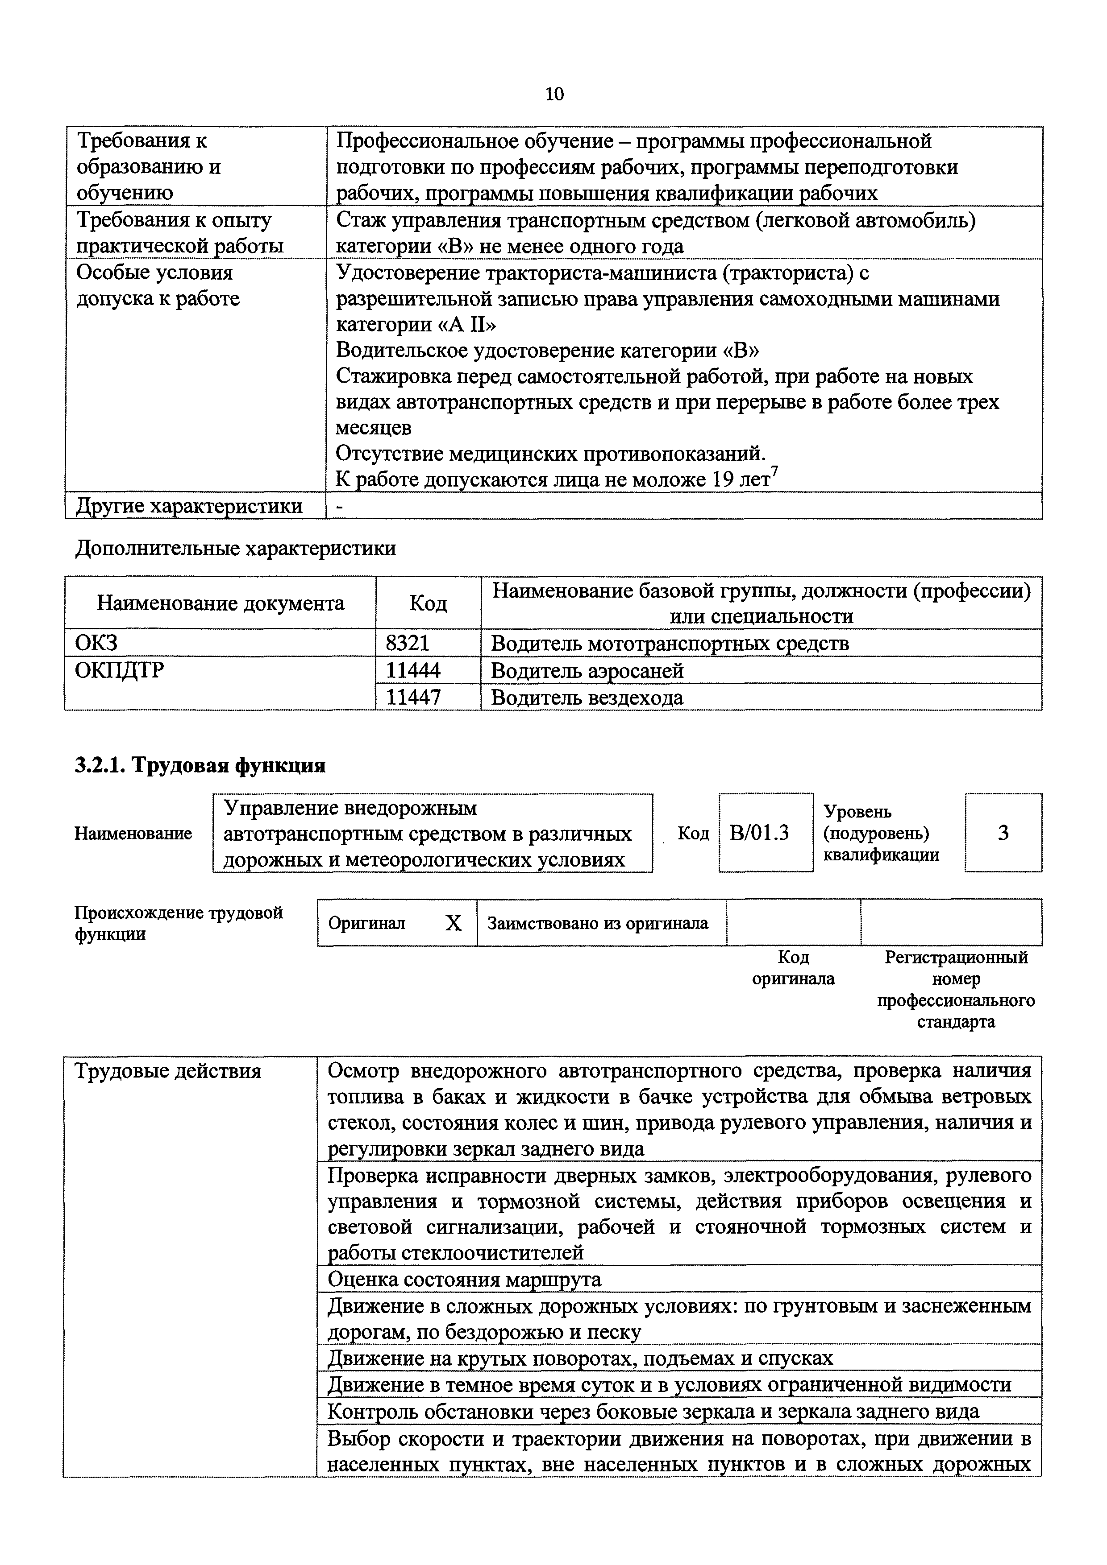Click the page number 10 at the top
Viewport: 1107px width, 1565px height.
pyautogui.click(x=554, y=94)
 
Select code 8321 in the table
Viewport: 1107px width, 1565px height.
pyautogui.click(x=408, y=643)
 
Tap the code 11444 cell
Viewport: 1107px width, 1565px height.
pyautogui.click(x=413, y=670)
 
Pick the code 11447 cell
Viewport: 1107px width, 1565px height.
pyautogui.click(x=413, y=697)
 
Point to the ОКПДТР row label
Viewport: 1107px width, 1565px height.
pyautogui.click(x=119, y=670)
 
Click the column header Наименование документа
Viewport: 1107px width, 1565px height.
pyautogui.click(x=221, y=603)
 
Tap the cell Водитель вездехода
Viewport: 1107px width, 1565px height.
pyautogui.click(x=587, y=697)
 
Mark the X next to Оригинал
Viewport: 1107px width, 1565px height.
pyautogui.click(x=453, y=923)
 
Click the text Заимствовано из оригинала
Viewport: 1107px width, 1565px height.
pyautogui.click(x=598, y=923)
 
